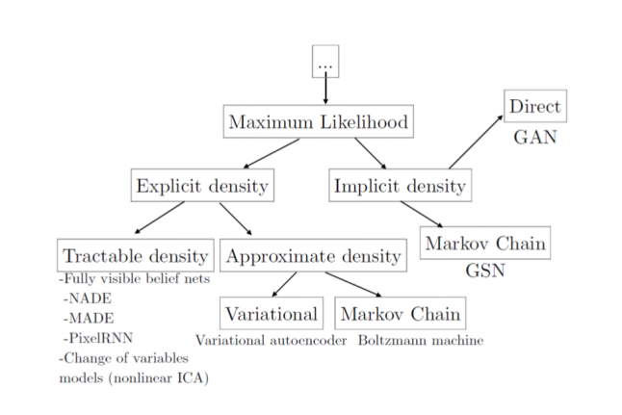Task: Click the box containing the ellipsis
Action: tap(325, 62)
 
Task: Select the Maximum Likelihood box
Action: tap(319, 122)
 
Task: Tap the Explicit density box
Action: tap(202, 185)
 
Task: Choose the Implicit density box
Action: tap(400, 185)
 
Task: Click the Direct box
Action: tap(534, 106)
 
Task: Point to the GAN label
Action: tap(534, 137)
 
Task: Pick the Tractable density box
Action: tap(135, 255)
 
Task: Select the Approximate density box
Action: tap(312, 255)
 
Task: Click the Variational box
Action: tap(272, 313)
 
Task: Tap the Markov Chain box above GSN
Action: tap(485, 243)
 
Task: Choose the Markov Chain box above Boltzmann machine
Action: tap(400, 313)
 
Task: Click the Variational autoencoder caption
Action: tap(271, 340)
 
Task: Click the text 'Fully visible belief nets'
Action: tap(136, 279)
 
